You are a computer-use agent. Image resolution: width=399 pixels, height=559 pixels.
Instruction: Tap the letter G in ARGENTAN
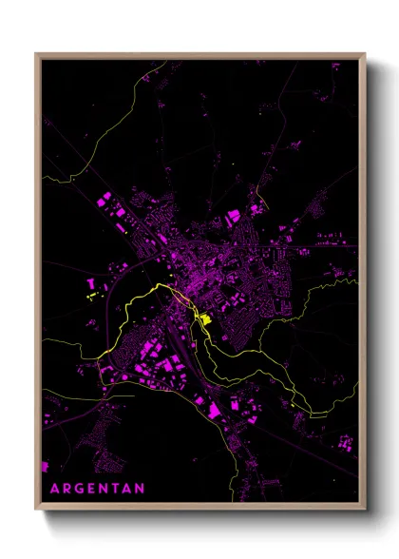tap(78, 491)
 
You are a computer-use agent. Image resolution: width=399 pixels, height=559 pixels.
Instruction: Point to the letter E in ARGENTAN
tap(91, 491)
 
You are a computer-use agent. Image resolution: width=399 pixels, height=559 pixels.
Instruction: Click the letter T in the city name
tap(116, 491)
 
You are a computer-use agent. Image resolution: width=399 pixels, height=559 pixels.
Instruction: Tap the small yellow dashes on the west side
tap(93, 297)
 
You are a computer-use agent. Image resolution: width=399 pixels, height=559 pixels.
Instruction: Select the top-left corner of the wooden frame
tap(36, 53)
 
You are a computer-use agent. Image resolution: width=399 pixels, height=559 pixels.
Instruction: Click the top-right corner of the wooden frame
tap(365, 53)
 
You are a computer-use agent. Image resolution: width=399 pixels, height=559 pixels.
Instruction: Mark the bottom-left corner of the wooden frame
tap(36, 510)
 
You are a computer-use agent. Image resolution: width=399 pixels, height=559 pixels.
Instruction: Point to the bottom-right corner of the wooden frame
tap(365, 510)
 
